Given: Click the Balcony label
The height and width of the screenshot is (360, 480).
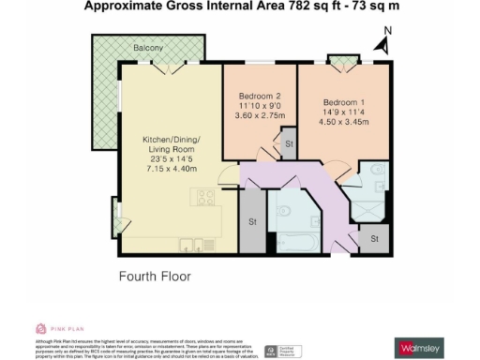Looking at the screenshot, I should [x=150, y=47].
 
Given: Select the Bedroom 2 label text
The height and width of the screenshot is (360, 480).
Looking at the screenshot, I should [x=259, y=97].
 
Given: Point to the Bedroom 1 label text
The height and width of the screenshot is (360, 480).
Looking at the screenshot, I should [x=345, y=101].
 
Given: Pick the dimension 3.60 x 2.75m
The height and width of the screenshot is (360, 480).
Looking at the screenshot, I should [x=259, y=117].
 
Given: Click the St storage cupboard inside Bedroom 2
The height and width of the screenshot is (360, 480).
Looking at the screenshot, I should [x=289, y=145].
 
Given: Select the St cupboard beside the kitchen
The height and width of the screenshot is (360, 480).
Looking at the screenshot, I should [x=252, y=222].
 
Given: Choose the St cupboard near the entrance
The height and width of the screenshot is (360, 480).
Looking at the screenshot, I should [x=373, y=239].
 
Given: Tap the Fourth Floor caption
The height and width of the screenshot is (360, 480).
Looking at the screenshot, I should [x=156, y=277].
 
